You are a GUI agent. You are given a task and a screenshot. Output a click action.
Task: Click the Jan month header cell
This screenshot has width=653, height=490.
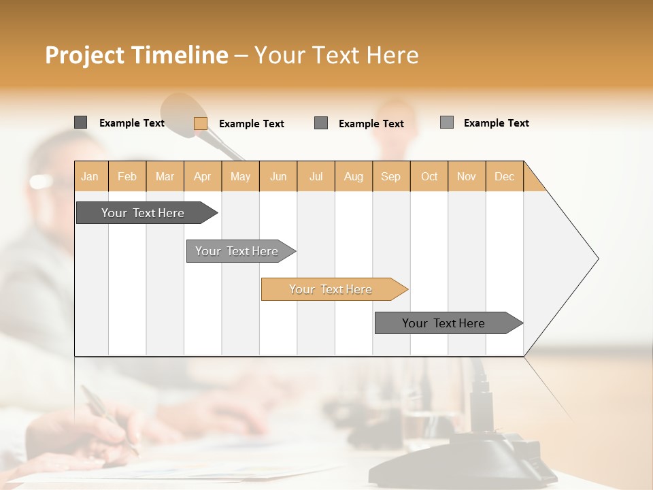(x=90, y=176)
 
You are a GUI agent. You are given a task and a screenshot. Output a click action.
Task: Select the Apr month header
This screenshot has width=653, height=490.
(x=203, y=176)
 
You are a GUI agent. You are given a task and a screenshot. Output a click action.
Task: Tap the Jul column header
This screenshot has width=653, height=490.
(x=316, y=176)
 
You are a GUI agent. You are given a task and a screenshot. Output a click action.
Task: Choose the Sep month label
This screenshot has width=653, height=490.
(x=390, y=176)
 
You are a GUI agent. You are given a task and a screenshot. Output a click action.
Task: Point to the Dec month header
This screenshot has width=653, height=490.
(x=504, y=176)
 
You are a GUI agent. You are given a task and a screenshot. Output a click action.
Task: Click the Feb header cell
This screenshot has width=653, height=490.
(x=127, y=176)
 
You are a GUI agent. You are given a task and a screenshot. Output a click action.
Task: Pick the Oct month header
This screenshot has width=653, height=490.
(x=429, y=176)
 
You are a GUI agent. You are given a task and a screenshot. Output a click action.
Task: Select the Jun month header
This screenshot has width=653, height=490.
(x=278, y=176)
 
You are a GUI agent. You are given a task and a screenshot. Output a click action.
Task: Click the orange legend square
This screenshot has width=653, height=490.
(x=200, y=123)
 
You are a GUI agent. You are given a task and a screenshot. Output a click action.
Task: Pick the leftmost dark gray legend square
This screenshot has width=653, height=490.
(x=80, y=122)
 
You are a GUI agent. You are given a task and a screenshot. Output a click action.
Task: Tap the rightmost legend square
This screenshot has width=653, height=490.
(x=447, y=122)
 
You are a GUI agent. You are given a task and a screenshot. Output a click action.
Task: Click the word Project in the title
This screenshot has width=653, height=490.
(x=85, y=55)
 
